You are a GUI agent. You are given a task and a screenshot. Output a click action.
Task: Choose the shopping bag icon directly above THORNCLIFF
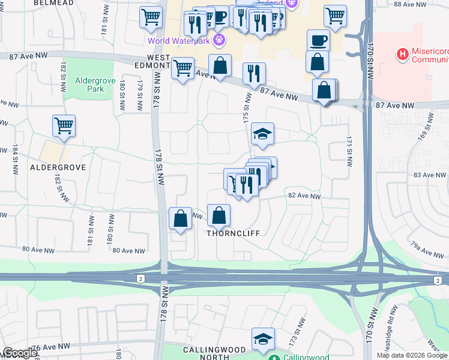[x=219, y=215]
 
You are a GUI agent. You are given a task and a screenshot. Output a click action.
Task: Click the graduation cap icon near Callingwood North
[x=262, y=340]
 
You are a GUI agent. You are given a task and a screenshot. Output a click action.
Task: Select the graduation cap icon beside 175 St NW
[x=262, y=133]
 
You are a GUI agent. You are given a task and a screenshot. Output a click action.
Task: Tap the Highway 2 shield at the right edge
[x=439, y=280]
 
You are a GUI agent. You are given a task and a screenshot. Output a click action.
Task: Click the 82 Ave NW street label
[x=304, y=196]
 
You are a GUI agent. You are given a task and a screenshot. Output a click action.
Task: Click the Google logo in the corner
[x=19, y=353]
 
